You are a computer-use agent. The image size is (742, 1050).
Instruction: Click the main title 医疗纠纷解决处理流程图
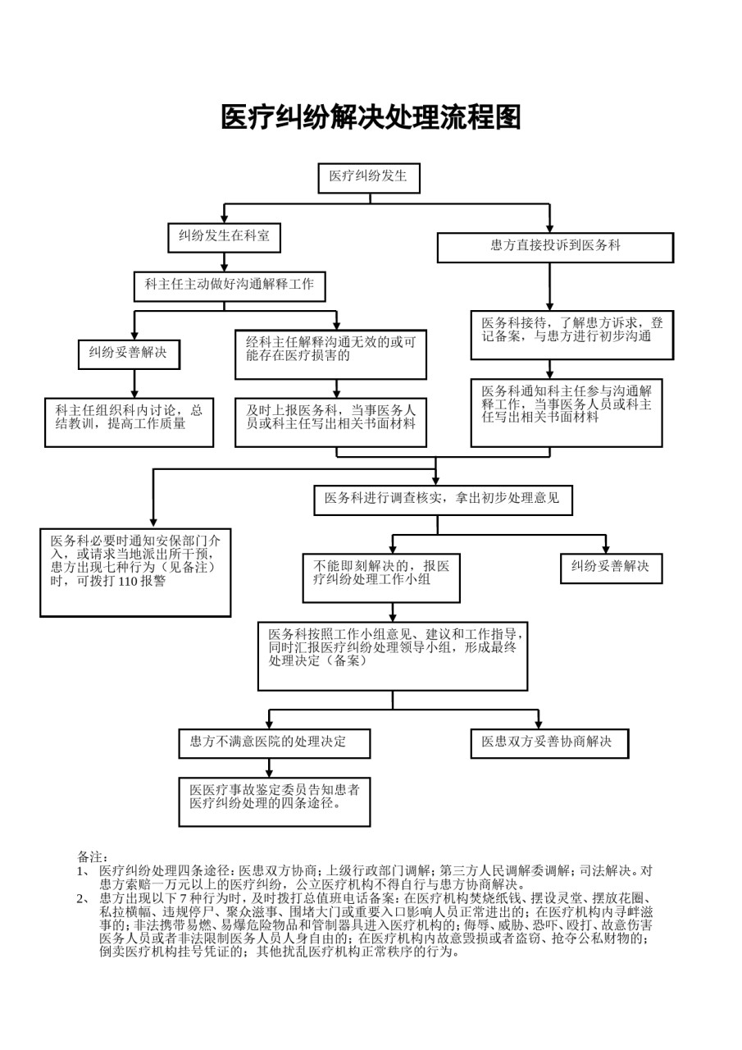pos(371,116)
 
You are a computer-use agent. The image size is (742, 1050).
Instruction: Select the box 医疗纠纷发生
pos(369,178)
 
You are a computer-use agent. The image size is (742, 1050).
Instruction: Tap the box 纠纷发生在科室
pos(225,238)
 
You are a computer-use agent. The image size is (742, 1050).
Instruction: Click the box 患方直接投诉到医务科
pos(555,248)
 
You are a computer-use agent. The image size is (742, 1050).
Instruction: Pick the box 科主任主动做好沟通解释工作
pos(230,286)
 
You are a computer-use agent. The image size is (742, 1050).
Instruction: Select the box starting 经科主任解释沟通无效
pos(330,355)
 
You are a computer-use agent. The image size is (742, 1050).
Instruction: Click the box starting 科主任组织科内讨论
pos(130,422)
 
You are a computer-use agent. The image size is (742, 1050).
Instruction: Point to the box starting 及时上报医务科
pos(330,422)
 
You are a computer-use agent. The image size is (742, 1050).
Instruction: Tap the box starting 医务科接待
pos(572,336)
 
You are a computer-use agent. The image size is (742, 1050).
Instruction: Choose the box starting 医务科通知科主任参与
pos(567,413)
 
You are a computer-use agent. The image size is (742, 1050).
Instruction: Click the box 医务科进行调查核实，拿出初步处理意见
pos(443,500)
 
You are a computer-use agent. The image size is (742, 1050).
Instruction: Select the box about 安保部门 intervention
pos(135,573)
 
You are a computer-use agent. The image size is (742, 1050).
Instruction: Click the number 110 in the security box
pos(127,582)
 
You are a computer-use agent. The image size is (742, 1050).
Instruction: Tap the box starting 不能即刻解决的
pos(381,578)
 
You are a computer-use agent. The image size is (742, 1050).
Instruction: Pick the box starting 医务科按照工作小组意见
pos(393,656)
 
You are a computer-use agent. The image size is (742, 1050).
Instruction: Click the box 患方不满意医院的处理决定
pos(275,743)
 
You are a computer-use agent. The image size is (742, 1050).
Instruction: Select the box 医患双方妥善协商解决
pos(549,743)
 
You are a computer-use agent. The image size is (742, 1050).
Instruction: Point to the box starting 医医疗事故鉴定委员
pos(275,802)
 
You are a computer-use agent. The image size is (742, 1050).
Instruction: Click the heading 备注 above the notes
pos(93,857)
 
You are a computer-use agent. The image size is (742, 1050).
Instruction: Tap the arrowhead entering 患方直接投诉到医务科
pos(549,227)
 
